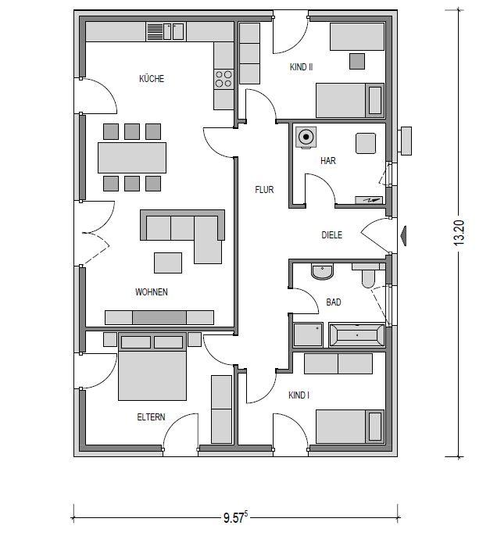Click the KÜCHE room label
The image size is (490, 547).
click(x=152, y=78)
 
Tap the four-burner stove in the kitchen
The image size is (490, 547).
click(x=224, y=79)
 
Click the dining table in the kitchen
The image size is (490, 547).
click(x=132, y=158)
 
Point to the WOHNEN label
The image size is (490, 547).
click(x=152, y=292)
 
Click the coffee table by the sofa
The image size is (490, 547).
click(x=168, y=263)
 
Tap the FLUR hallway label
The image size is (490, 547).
click(x=264, y=190)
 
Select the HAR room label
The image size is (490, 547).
click(x=328, y=161)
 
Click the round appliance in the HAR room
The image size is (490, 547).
click(x=306, y=138)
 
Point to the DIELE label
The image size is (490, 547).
click(x=331, y=234)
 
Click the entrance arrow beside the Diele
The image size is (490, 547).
click(x=402, y=236)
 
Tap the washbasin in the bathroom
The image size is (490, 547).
click(x=322, y=271)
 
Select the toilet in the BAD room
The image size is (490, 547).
click(x=367, y=276)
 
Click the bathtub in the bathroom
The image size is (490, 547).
click(x=357, y=335)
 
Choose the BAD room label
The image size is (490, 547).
click(x=333, y=302)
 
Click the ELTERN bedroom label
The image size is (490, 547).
click(x=151, y=417)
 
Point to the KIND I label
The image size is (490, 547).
click(x=299, y=395)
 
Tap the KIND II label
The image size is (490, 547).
click(x=301, y=67)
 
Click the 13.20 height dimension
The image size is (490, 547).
click(x=460, y=233)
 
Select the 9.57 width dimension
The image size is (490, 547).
click(x=235, y=517)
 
